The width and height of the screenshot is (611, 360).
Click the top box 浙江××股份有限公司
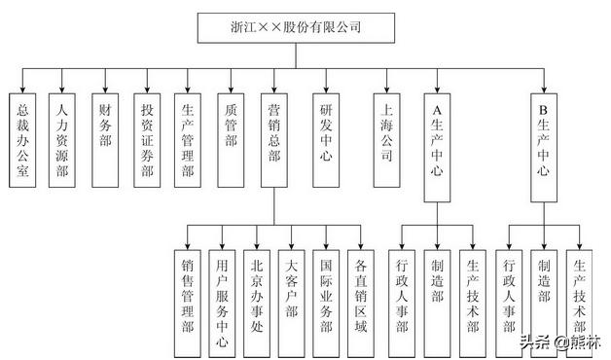tap(296, 28)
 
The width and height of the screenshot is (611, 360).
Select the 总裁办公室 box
tap(23, 139)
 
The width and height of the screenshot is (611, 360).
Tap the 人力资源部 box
tap(63, 139)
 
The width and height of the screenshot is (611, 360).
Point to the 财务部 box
tap(105, 139)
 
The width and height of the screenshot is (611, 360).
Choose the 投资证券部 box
tap(147, 139)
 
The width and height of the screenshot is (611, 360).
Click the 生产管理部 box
tap(189, 139)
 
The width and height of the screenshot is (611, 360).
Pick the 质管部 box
tap(231, 139)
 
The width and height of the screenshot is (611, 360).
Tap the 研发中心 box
tap(328, 139)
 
